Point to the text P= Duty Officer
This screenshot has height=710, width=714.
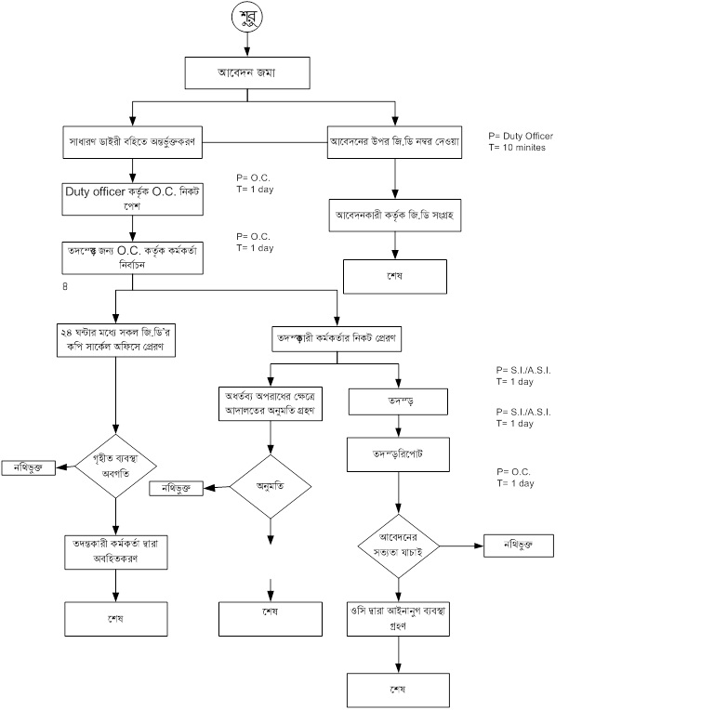[521, 136]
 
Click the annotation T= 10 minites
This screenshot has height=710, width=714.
[517, 147]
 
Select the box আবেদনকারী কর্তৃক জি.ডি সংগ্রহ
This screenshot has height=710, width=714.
[395, 215]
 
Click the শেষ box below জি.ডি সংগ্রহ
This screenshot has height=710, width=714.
[395, 276]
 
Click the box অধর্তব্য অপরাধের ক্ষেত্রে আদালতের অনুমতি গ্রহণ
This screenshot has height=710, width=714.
[270, 402]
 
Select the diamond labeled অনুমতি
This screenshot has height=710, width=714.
[270, 485]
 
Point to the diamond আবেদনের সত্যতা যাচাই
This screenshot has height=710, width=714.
[398, 546]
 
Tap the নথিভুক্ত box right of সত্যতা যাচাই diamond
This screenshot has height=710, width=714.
[518, 546]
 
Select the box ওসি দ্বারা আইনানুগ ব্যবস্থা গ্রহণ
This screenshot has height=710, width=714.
[398, 618]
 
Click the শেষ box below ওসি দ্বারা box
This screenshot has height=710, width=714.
[398, 690]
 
